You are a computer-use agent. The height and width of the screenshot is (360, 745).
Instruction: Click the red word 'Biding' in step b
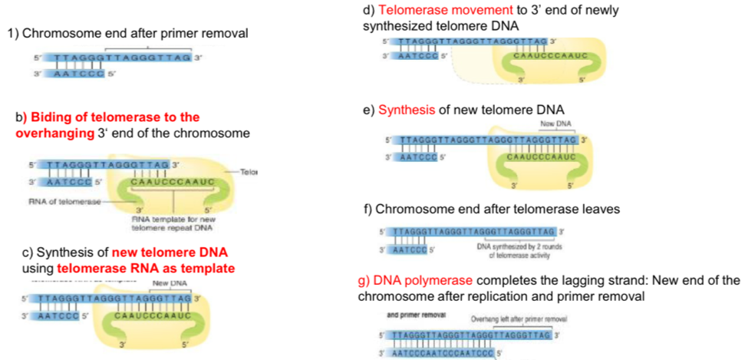coord(47,117)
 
